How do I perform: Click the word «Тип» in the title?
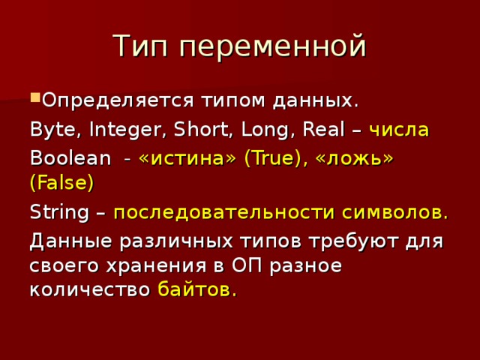click(x=140, y=46)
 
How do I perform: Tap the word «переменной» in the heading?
click(x=273, y=46)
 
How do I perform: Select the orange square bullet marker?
click(x=35, y=97)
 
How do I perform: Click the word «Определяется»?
click(x=118, y=100)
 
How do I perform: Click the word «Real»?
click(x=323, y=129)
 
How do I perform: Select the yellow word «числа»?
click(x=400, y=130)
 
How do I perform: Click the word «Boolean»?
click(x=70, y=158)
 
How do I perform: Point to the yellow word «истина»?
click(x=187, y=159)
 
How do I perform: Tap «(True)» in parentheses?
click(x=275, y=159)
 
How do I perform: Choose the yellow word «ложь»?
click(x=354, y=159)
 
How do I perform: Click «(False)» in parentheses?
click(x=61, y=183)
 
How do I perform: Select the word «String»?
click(x=59, y=212)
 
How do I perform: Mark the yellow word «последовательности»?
click(x=224, y=212)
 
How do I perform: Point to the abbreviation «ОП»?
click(x=247, y=265)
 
